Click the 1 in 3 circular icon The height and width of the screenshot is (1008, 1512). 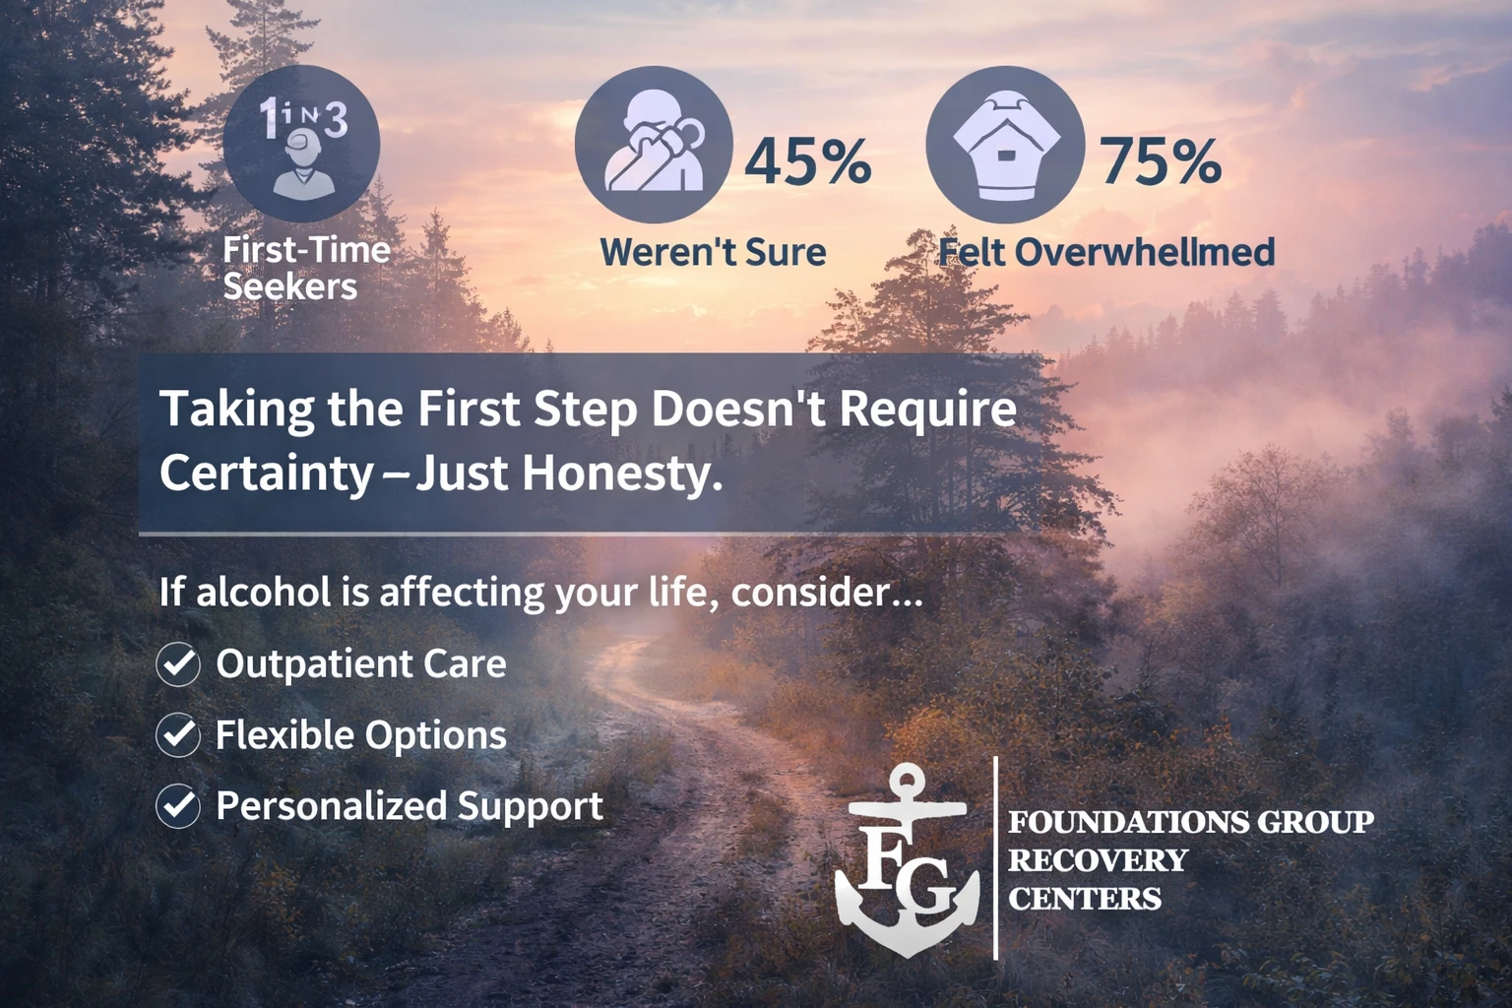(x=301, y=144)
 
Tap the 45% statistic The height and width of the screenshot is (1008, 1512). (x=807, y=160)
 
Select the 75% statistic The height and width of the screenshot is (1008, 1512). (x=1160, y=160)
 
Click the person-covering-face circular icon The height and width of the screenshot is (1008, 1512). (x=654, y=144)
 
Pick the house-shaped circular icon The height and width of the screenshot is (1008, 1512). (x=1005, y=144)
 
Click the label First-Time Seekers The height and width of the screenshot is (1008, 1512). (x=306, y=268)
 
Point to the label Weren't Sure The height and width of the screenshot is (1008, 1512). (x=713, y=252)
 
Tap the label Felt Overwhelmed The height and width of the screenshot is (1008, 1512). (x=1106, y=252)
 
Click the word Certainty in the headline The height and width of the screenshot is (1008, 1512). (x=266, y=473)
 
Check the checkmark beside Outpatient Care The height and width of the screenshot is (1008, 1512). (x=178, y=664)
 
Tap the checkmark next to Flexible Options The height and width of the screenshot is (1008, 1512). (x=178, y=735)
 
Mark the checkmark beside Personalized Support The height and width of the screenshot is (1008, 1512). (x=178, y=806)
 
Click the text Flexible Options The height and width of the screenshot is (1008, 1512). (x=360, y=735)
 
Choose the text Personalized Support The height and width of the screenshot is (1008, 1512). (x=409, y=806)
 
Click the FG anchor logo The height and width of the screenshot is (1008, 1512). (x=908, y=861)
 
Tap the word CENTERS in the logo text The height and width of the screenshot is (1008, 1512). (x=1084, y=899)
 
